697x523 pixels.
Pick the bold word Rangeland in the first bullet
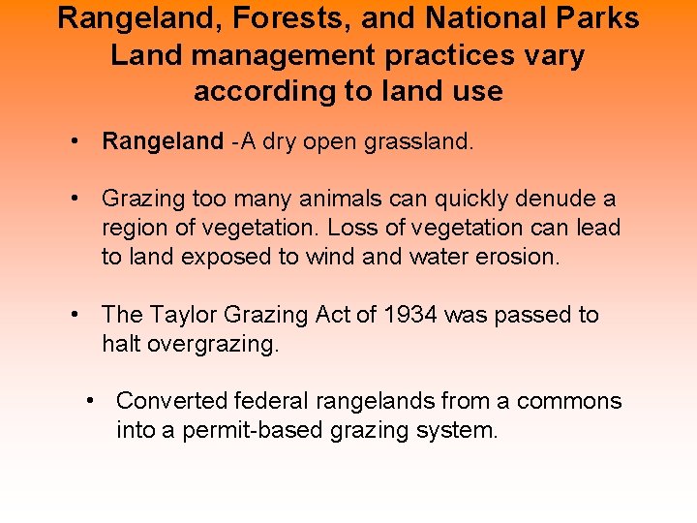(x=163, y=141)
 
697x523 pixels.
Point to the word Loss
(x=350, y=229)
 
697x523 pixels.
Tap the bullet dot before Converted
(x=91, y=401)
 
